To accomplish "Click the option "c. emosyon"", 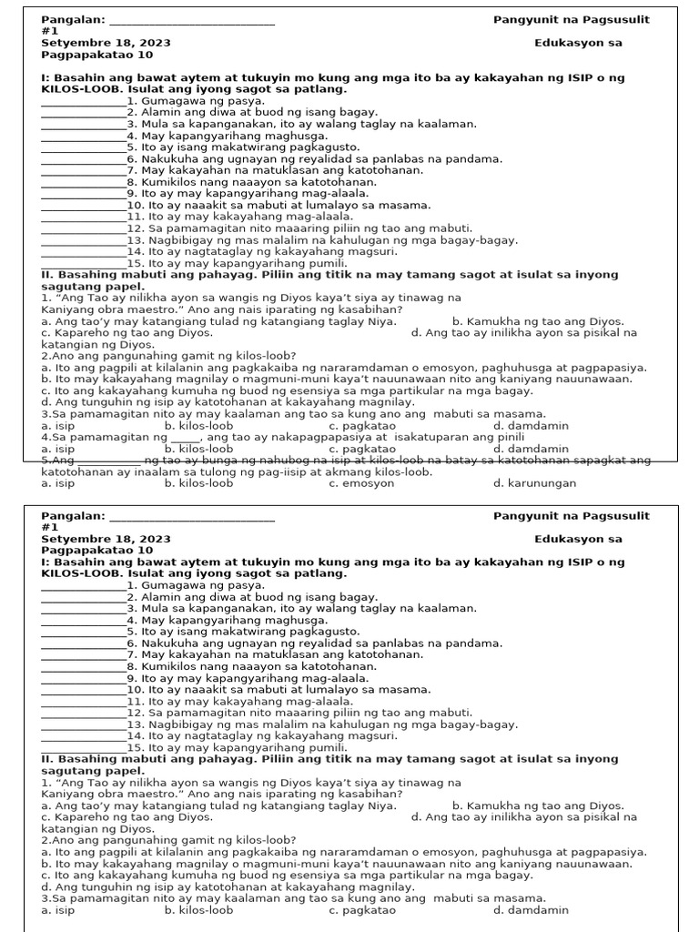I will coord(361,483).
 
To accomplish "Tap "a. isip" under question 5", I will coord(58,483).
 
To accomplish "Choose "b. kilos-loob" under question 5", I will coord(198,483).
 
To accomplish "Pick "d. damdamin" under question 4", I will coord(531,449).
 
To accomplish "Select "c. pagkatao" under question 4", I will coord(361,449).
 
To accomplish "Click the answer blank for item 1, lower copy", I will coord(84,586).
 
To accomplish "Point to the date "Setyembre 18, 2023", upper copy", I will coord(106,43).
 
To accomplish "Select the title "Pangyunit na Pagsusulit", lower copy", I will coord(572,516).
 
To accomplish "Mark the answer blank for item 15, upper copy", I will coord(84,264).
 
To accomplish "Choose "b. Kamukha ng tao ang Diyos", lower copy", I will coord(538,805).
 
